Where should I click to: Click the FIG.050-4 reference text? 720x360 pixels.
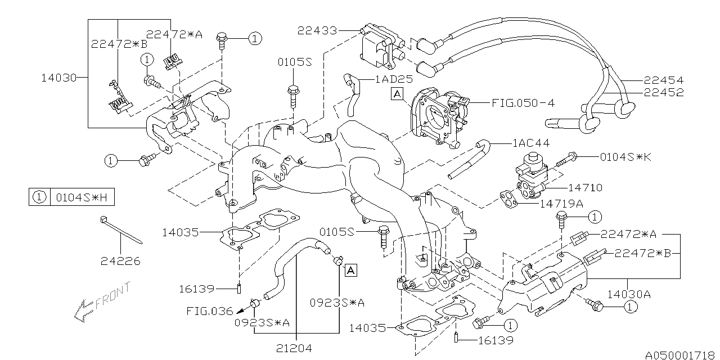coord(523,103)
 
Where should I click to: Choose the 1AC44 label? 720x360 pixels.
coord(531,144)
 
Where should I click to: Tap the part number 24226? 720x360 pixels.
coord(120,261)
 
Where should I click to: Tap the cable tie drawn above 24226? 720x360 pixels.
coord(121,231)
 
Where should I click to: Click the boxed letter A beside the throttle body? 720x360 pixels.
coord(398,95)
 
